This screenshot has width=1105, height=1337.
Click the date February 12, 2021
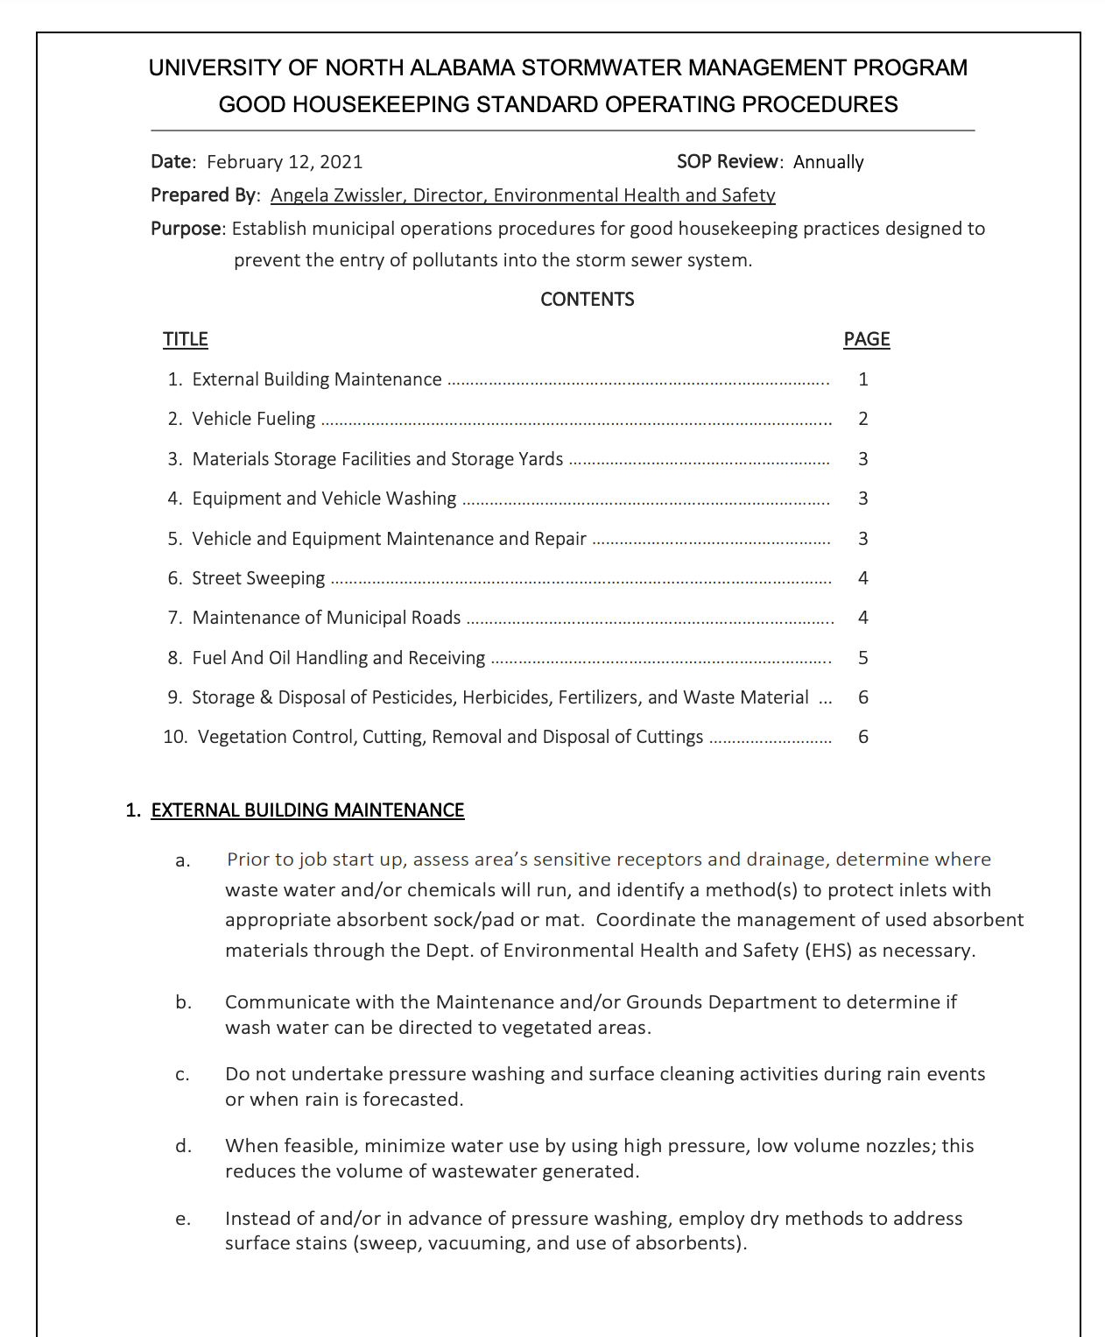[x=284, y=162]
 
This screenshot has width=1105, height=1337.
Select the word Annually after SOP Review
[x=827, y=162]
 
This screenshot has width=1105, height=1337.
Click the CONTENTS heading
[x=587, y=300]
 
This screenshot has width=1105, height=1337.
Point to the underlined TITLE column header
[x=185, y=339]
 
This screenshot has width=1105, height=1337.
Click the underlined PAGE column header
[x=866, y=339]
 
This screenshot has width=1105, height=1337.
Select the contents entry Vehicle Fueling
[x=253, y=419]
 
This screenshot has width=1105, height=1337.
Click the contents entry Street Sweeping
[x=258, y=578]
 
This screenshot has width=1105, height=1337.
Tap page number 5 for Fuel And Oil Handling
[x=862, y=658]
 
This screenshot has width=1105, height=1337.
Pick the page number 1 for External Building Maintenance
[x=862, y=379]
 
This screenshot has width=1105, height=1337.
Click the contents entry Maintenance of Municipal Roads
[x=326, y=618]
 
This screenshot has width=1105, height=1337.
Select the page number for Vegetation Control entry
[x=862, y=737]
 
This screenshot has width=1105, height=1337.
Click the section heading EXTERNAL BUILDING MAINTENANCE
[x=307, y=810]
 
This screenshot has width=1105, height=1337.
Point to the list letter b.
[x=183, y=1002]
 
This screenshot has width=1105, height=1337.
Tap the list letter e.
[x=182, y=1219]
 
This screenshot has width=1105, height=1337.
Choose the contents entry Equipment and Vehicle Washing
[x=324, y=499]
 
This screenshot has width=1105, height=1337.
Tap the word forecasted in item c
[x=411, y=1100]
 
